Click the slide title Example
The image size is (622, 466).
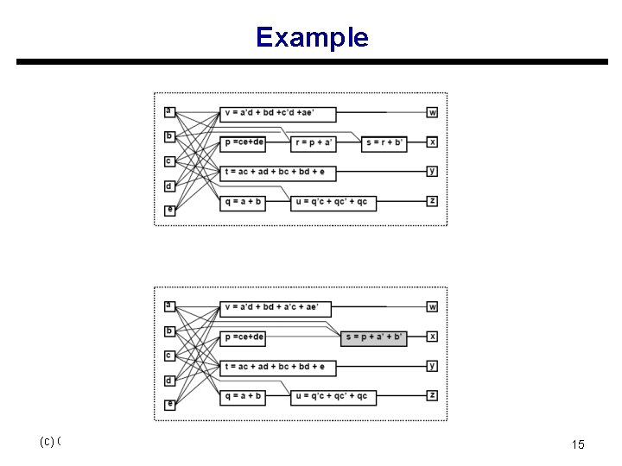click(x=311, y=37)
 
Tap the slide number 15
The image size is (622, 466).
click(x=578, y=444)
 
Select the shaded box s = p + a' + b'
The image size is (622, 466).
click(x=373, y=337)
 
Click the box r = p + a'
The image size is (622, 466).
click(x=314, y=142)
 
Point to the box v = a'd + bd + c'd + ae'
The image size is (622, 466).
click(x=278, y=112)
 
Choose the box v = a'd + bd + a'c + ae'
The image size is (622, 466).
click(x=278, y=306)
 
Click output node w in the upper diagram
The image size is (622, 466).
click(x=433, y=112)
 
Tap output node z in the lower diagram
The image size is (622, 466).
click(x=433, y=395)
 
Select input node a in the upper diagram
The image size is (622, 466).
click(x=169, y=110)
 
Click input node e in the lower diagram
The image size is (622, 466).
click(x=169, y=404)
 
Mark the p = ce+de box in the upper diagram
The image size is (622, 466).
click(x=244, y=142)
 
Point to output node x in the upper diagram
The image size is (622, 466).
click(x=433, y=142)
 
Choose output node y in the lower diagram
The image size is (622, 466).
click(x=433, y=366)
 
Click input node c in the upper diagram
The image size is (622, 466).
click(x=169, y=161)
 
